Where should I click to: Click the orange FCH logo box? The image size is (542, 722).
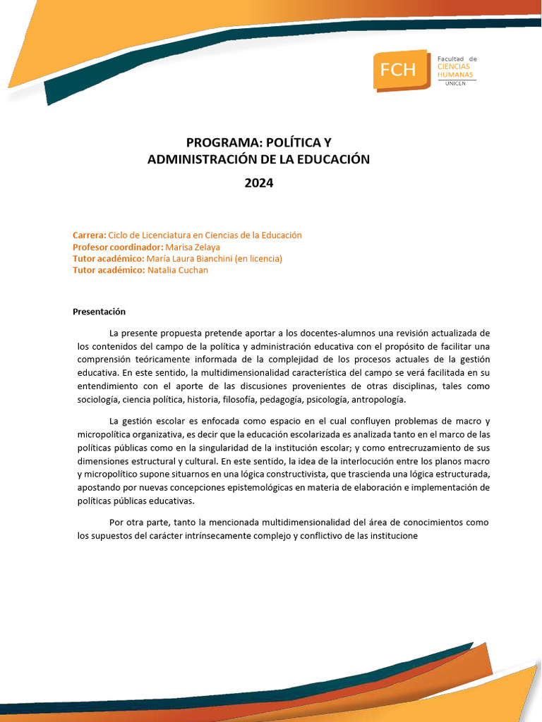400,69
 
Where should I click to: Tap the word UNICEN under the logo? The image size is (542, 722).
456,83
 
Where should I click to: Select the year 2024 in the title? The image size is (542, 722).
258,183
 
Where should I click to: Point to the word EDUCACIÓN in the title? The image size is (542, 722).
336,160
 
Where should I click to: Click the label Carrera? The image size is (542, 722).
89,235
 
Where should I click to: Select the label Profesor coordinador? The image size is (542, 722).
118,247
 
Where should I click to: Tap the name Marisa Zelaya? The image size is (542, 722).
193,247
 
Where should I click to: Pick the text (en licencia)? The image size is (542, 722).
260,259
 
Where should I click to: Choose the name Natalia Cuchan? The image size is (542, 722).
178,270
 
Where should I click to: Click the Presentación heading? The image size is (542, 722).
99,312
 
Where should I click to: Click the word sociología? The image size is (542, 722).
98,400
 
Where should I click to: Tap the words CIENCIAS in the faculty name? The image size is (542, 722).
455,66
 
